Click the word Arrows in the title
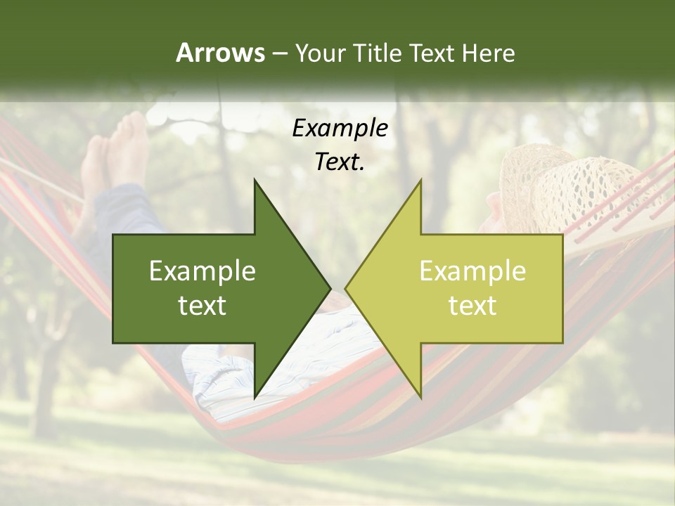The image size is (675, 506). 219,53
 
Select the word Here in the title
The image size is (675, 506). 488,53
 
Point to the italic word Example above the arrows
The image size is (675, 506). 340,128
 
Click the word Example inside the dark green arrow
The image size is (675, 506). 202,271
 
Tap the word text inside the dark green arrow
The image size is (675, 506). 202,305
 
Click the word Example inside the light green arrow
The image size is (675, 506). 472,271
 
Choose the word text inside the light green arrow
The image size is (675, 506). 472,305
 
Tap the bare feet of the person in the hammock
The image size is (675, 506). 116,151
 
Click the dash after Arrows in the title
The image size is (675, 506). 278,53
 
